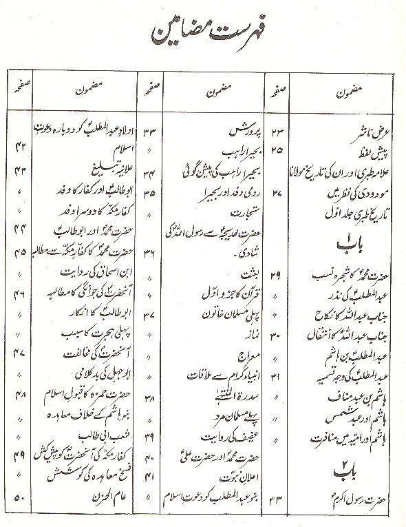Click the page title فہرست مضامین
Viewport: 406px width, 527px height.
click(206, 32)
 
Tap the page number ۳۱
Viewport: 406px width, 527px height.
click(285, 378)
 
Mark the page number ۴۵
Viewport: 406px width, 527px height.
click(20, 251)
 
